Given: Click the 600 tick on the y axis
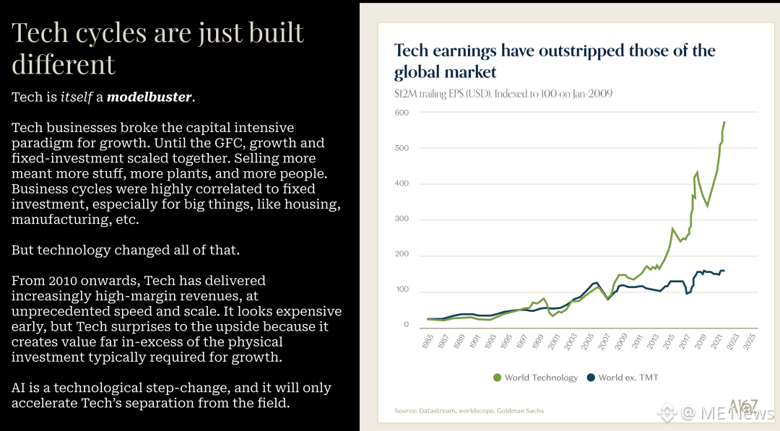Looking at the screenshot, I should point(401,113).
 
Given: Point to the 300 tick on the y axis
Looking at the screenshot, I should point(401,219).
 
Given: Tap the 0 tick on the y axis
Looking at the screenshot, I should point(406,325).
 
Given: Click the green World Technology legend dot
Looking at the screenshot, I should point(497,378).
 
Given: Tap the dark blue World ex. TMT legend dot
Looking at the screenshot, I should point(590,378).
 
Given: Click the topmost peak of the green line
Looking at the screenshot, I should point(724,122).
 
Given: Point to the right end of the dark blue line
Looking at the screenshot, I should point(724,271).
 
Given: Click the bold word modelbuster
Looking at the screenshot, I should point(149,97).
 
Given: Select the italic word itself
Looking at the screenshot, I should point(77,97).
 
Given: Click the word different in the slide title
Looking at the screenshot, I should point(64,64).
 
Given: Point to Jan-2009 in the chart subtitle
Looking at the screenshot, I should point(590,94).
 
